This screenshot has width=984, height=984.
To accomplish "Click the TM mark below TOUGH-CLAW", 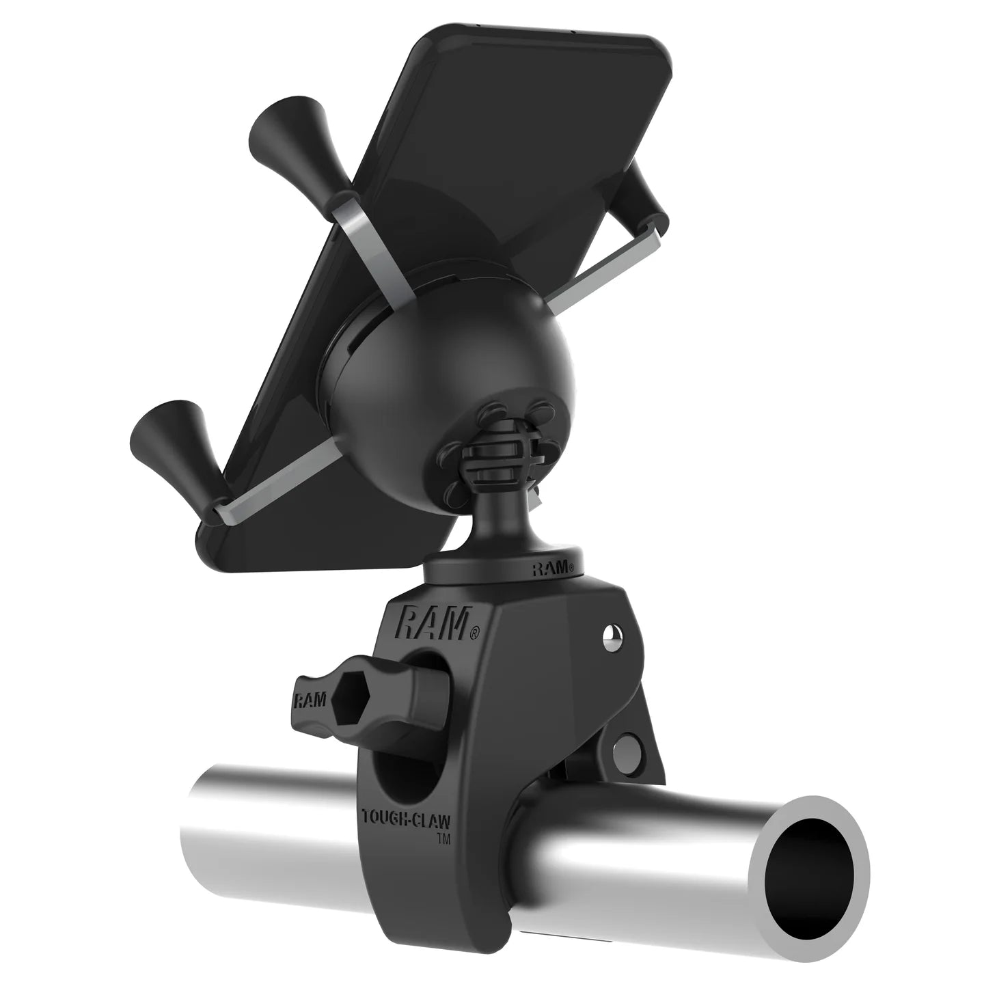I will point(443,835).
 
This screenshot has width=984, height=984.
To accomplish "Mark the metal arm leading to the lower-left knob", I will point(260,489).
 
